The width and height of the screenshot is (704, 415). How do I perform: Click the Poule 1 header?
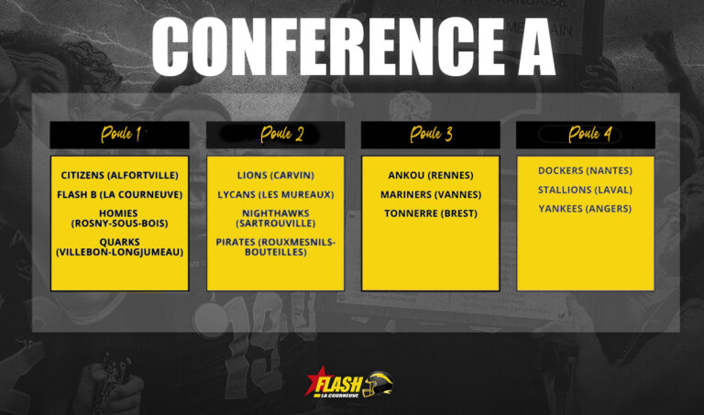click(120, 134)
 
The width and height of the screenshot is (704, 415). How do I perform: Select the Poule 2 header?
click(282, 134)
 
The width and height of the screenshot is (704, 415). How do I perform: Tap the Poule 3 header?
click(431, 134)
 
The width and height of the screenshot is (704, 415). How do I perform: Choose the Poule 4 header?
click(589, 134)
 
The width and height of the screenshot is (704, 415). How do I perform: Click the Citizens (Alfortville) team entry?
click(120, 175)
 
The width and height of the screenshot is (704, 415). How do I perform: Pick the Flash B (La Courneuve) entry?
click(120, 194)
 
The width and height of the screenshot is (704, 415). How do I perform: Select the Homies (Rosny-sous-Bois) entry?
click(120, 218)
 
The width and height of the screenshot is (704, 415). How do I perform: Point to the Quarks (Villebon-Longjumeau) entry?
click(120, 246)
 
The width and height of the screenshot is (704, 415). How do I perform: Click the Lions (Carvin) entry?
click(276, 175)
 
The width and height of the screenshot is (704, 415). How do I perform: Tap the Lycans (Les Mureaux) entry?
click(276, 194)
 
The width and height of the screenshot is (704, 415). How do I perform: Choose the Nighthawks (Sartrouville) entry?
click(276, 218)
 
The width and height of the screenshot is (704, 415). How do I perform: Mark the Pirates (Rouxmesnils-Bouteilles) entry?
click(276, 246)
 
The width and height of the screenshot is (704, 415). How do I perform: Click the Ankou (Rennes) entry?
click(431, 175)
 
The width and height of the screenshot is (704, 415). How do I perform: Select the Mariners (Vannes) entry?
click(431, 194)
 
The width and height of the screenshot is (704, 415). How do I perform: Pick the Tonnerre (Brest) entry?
click(431, 213)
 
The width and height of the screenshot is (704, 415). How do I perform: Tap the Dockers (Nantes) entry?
click(585, 170)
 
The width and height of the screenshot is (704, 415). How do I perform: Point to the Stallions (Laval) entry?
click(585, 190)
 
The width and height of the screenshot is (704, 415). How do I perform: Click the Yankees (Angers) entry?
click(585, 209)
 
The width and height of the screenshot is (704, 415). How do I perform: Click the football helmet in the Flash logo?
click(379, 385)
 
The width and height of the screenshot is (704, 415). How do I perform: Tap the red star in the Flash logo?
click(314, 379)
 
